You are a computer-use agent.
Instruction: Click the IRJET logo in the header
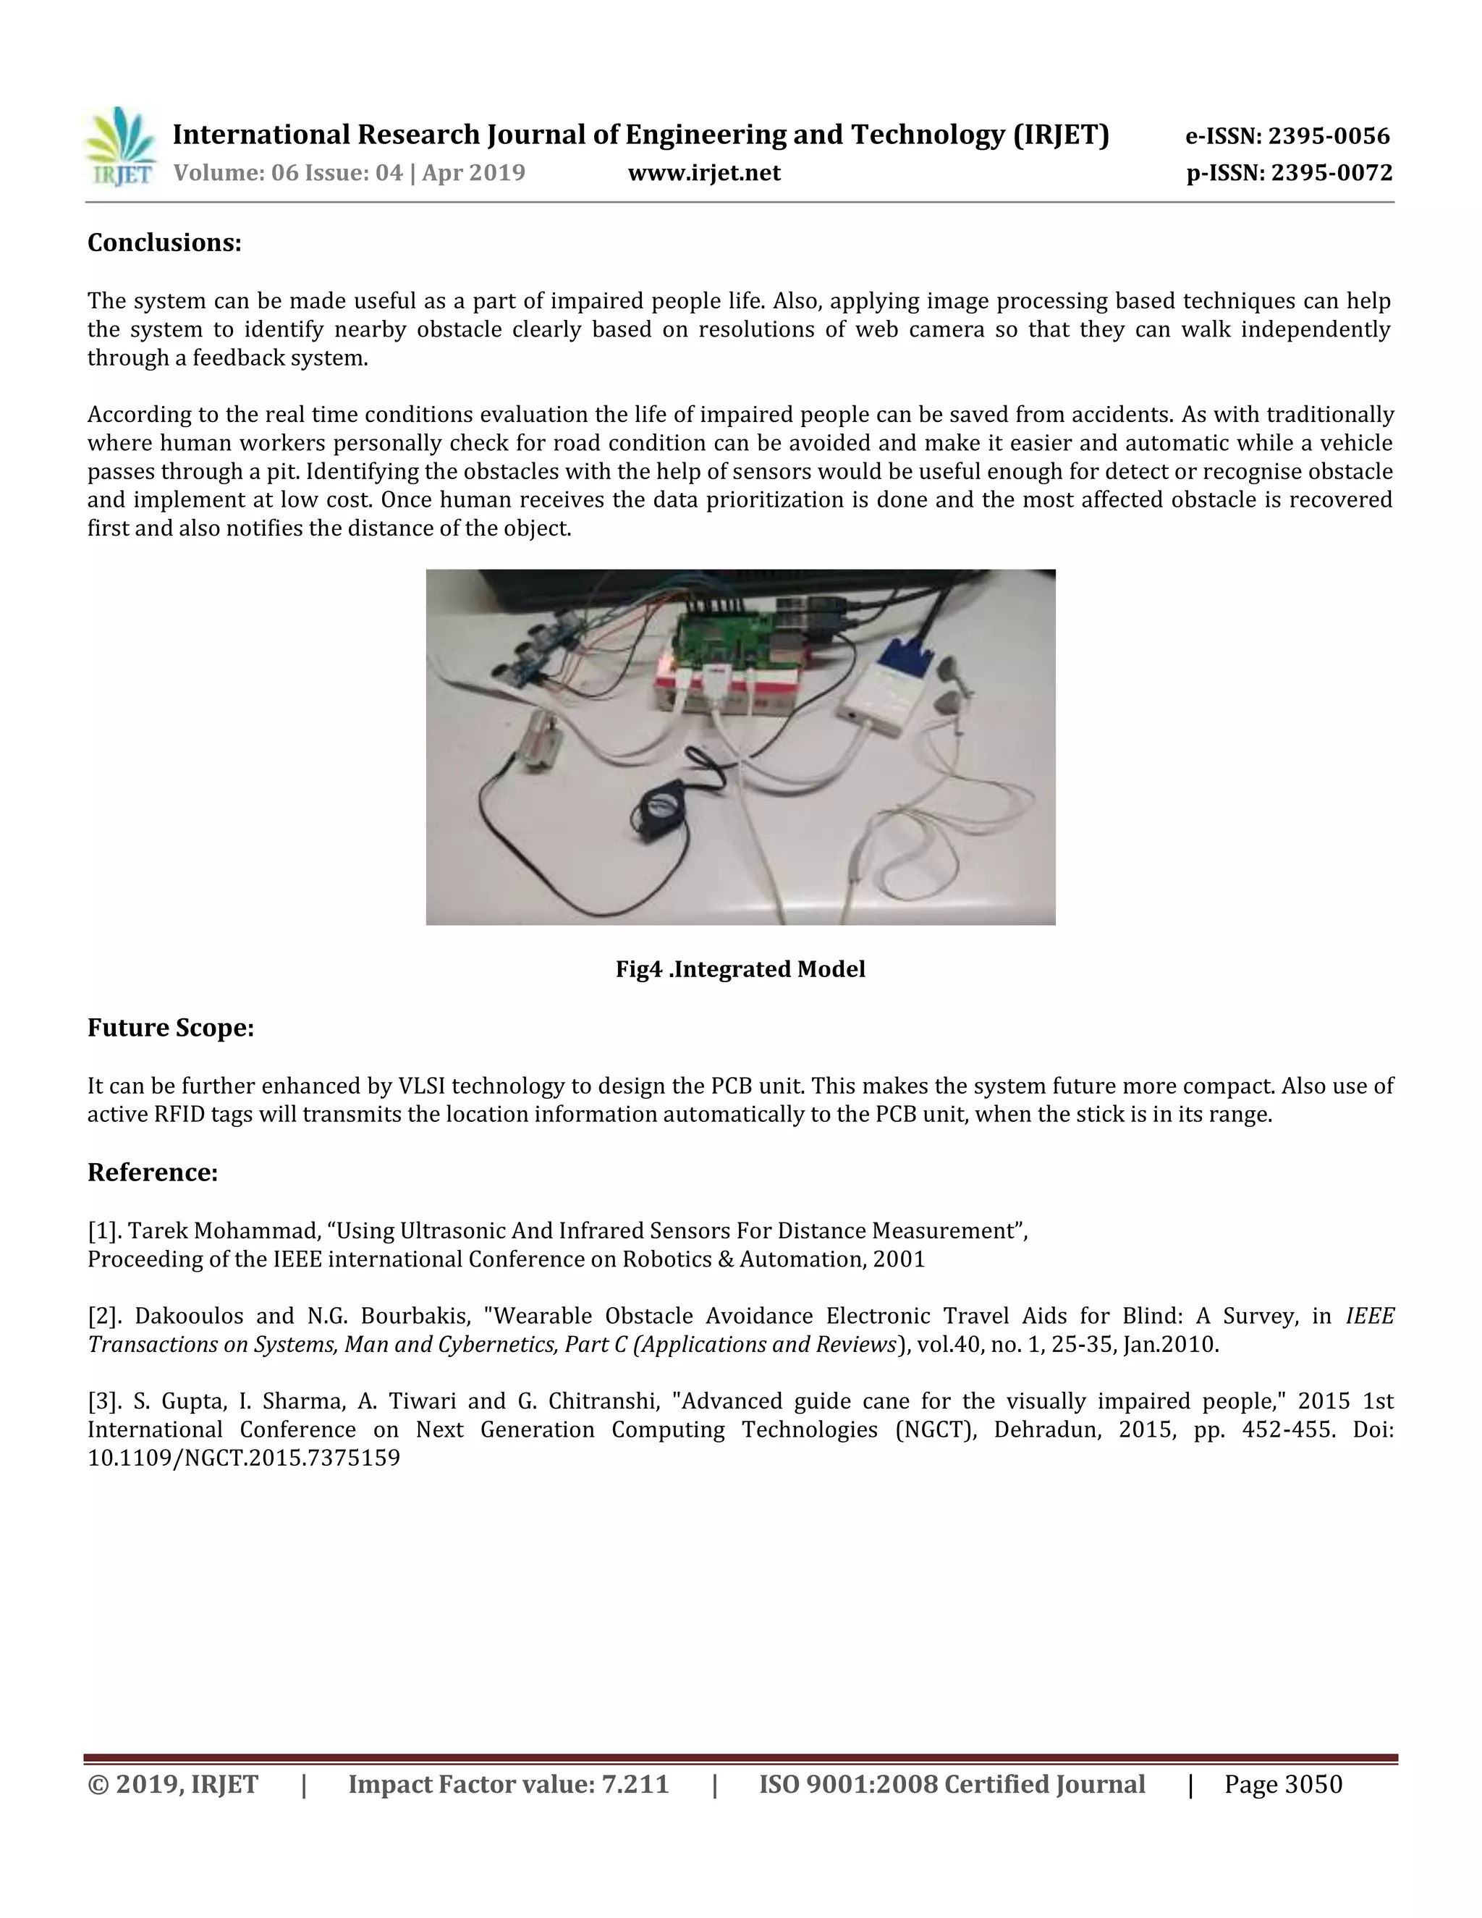(x=120, y=147)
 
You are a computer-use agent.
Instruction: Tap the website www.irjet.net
(x=704, y=173)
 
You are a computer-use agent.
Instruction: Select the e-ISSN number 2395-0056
(x=1329, y=136)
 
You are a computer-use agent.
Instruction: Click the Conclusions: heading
(x=164, y=243)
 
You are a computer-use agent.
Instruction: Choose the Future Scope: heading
(x=170, y=1028)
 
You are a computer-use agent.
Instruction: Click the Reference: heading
(x=153, y=1173)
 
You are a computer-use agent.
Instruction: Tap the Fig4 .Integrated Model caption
(x=740, y=970)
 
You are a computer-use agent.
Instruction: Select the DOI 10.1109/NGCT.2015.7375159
(x=244, y=1458)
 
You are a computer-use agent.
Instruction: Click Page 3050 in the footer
(x=1283, y=1786)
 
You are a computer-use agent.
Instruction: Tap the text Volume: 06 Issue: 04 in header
(x=287, y=173)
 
